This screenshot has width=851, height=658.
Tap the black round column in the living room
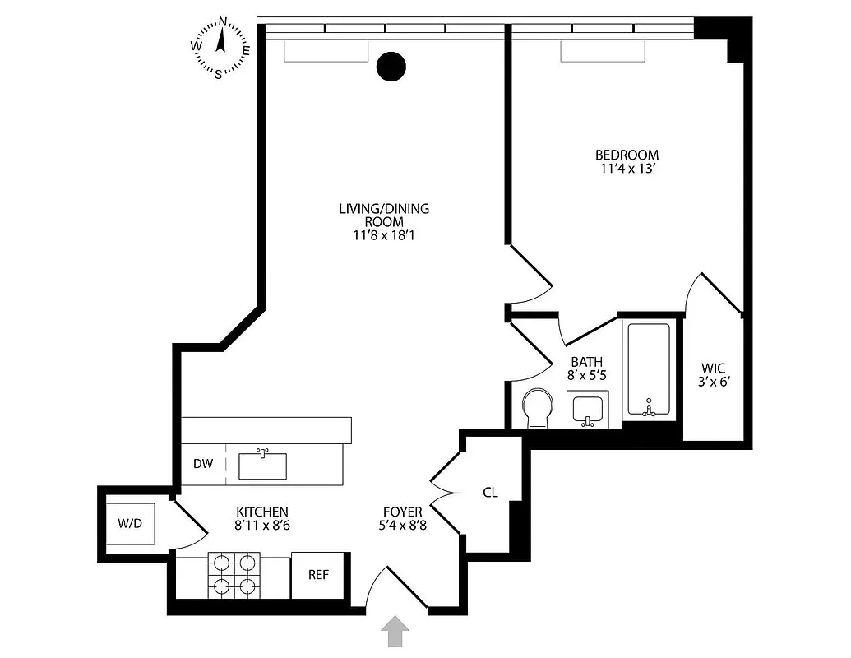pyautogui.click(x=391, y=67)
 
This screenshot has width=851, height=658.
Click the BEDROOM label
pyautogui.click(x=627, y=155)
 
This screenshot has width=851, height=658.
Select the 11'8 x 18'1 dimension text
pyautogui.click(x=384, y=236)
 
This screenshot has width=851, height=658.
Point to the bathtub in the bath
pyautogui.click(x=650, y=371)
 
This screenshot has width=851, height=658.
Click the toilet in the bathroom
pyautogui.click(x=537, y=407)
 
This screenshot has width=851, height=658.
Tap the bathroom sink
pyautogui.click(x=588, y=409)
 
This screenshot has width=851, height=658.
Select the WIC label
pyautogui.click(x=713, y=368)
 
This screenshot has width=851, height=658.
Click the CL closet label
pyautogui.click(x=490, y=493)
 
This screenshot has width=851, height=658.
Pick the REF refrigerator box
pyautogui.click(x=318, y=575)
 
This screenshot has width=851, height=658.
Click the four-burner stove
pyautogui.click(x=233, y=574)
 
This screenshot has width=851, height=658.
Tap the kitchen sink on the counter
pyautogui.click(x=262, y=465)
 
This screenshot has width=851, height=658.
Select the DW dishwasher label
pyautogui.click(x=203, y=464)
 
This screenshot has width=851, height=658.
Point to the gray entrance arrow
pyautogui.click(x=395, y=632)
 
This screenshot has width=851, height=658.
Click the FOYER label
pyautogui.click(x=402, y=512)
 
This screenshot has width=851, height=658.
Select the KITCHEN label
pyautogui.click(x=262, y=511)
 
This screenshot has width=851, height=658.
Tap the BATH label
pyautogui.click(x=586, y=361)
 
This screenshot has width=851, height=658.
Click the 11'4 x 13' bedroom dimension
pyautogui.click(x=627, y=170)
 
